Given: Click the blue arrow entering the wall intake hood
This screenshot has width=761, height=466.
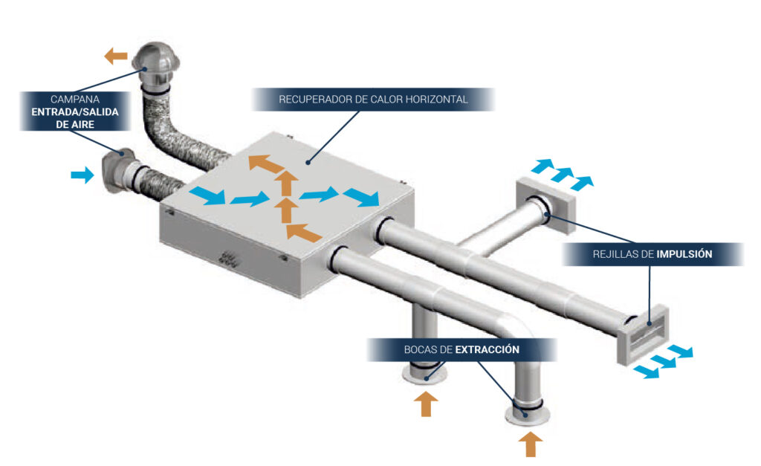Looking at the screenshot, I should click(82, 175).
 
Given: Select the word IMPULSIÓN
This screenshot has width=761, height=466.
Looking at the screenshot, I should click(684, 254).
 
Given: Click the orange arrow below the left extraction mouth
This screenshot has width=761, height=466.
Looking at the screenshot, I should click(426, 406).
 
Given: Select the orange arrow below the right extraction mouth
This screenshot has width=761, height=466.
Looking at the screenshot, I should click(530, 444).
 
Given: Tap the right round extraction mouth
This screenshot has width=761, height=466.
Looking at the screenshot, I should click(528, 412).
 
